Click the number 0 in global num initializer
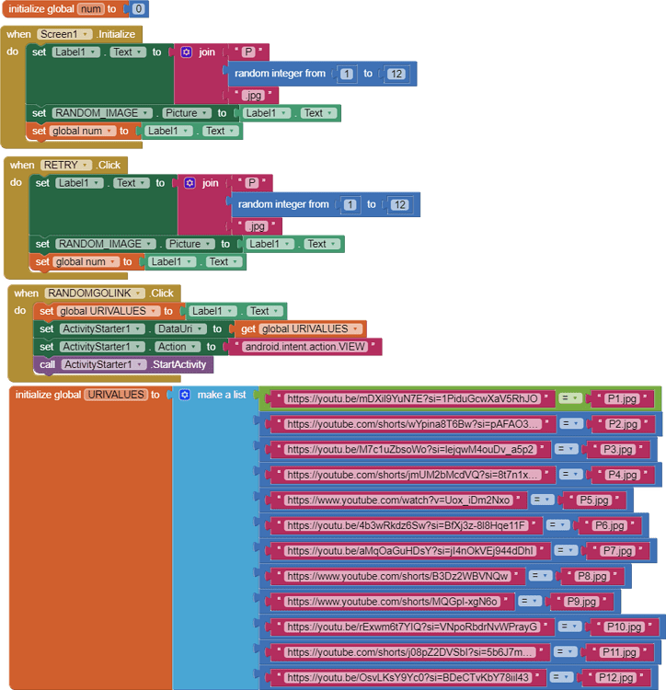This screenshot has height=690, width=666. point(138,9)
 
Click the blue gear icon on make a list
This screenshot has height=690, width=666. point(185,395)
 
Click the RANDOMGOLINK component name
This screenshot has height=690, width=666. point(95,293)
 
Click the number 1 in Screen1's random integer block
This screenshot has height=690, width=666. point(346,74)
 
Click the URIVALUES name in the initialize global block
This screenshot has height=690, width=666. point(115,395)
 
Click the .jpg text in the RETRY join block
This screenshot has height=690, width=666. point(257,226)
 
